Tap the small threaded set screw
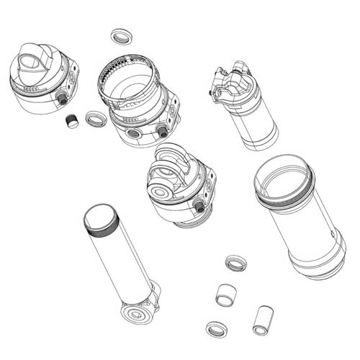(71, 121)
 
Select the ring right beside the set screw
(95, 119)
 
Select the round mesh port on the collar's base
(134, 134)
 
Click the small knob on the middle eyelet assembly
(199, 207)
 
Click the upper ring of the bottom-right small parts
(235, 264)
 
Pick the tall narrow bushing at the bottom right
(263, 319)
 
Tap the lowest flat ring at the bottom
(216, 330)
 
